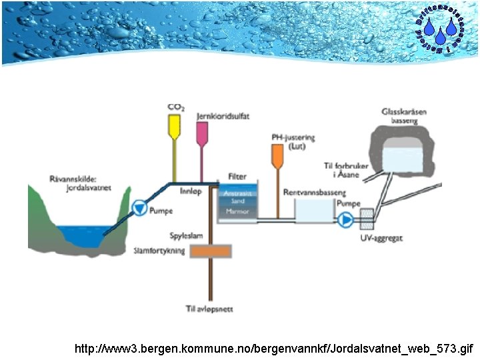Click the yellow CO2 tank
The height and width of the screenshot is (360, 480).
coord(175,126)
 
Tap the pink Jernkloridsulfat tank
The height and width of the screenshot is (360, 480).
coord(201,132)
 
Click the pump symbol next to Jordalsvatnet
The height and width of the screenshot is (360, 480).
coord(139,209)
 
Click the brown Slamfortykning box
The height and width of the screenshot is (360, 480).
coord(211,251)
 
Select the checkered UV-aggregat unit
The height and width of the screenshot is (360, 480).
coord(367,218)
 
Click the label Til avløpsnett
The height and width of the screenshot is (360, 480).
coord(209,309)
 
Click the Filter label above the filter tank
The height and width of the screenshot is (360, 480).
coord(237,177)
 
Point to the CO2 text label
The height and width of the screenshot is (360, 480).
coord(176,107)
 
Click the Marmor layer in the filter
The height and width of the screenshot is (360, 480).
coord(237,211)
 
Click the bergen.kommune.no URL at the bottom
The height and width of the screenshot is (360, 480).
coord(274,349)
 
